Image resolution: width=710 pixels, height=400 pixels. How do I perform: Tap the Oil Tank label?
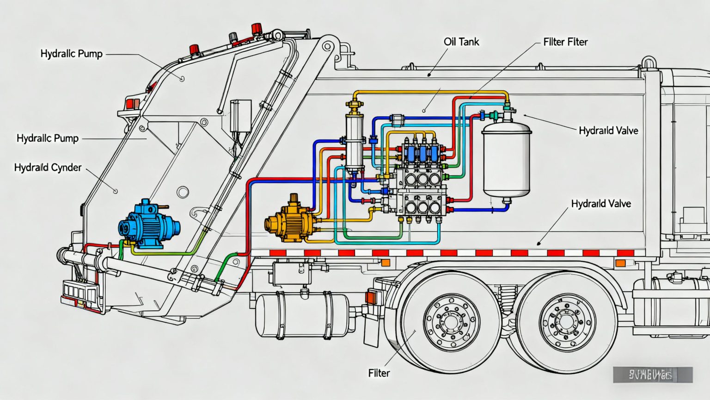[x=461, y=42]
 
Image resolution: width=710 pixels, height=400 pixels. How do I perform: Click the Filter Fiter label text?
[x=565, y=42]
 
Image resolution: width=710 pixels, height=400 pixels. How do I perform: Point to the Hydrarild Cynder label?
[x=48, y=168]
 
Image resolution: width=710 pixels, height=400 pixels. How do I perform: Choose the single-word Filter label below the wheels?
[x=379, y=373]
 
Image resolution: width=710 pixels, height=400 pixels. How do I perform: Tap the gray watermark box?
[x=652, y=375]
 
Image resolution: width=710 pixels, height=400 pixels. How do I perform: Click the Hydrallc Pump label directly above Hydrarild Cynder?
[x=47, y=138]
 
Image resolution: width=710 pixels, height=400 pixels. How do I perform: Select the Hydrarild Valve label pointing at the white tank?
[x=608, y=131]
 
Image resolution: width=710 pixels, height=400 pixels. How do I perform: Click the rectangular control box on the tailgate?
[x=240, y=116]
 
